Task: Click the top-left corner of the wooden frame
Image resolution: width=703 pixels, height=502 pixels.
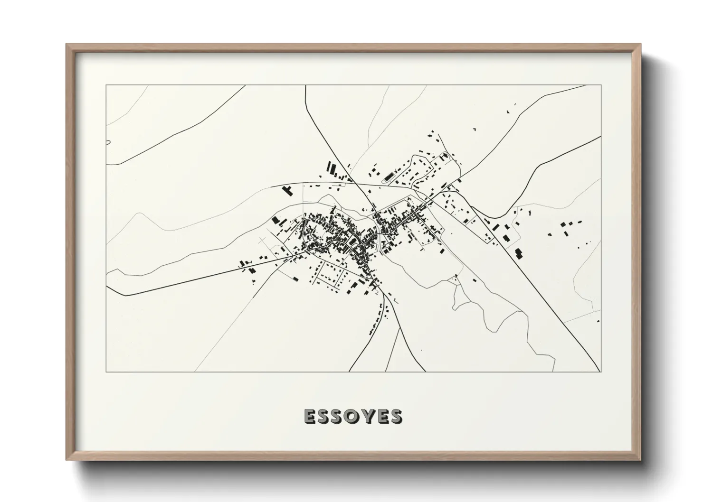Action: tap(66, 44)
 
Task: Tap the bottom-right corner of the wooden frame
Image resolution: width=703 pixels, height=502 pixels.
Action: tap(641, 460)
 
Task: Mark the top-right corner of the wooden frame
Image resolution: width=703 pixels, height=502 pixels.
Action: tap(641, 44)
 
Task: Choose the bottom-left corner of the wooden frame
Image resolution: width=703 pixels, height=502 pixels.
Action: tap(66, 460)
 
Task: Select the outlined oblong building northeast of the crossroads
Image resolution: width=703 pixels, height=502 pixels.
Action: tap(389, 177)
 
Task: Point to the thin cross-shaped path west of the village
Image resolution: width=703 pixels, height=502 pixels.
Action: tap(263, 242)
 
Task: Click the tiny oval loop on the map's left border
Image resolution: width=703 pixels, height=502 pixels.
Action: tap(108, 141)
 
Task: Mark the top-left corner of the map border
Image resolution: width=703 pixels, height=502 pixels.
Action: tap(106, 85)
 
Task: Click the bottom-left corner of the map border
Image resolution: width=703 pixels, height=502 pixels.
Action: tap(106, 372)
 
